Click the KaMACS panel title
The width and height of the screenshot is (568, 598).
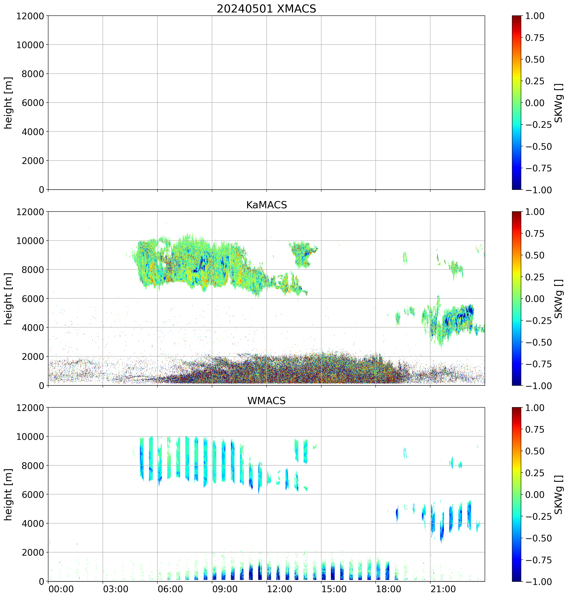[x=266, y=205]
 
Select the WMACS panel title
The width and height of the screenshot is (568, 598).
[x=266, y=401]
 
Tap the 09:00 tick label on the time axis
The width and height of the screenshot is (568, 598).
[x=225, y=589]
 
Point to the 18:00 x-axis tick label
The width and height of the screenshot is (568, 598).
[x=389, y=589]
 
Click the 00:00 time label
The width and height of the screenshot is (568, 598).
[x=61, y=589]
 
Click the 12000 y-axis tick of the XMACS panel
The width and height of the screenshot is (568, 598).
[x=30, y=16]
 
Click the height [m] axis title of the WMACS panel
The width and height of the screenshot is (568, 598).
[x=8, y=494]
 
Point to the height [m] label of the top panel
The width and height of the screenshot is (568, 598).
[x=8, y=103]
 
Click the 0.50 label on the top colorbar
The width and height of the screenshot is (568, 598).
[x=534, y=60]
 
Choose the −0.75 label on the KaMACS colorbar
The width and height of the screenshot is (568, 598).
[x=538, y=364]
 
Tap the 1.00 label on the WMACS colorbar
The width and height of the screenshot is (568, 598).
[x=534, y=408]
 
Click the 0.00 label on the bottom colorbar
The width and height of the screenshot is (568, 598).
[x=534, y=494]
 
